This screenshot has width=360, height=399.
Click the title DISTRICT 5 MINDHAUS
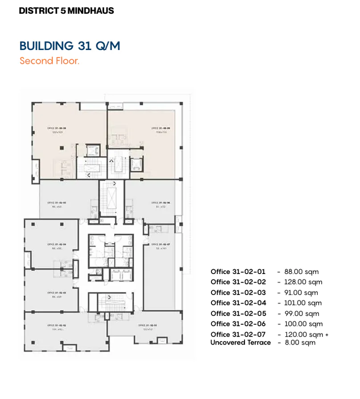click(66, 10)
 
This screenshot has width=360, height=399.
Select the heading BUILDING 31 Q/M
click(70, 46)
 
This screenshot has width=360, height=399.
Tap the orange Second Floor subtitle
click(50, 61)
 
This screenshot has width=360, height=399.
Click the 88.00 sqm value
click(301, 272)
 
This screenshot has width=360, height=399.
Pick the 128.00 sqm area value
click(303, 282)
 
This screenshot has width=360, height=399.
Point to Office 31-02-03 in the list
click(238, 293)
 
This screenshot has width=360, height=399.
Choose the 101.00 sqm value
click(302, 303)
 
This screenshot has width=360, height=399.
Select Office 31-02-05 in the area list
click(238, 314)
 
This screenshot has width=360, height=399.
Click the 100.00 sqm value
click(303, 324)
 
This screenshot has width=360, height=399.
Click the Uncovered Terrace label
click(240, 342)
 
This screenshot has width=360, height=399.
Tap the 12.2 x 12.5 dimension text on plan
click(57, 132)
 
